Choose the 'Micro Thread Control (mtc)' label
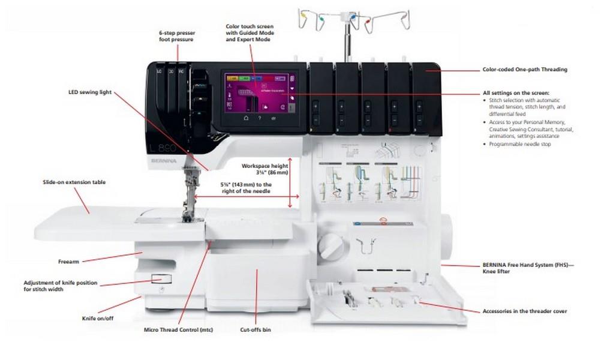[x=178, y=330]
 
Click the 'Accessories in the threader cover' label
[x=525, y=311]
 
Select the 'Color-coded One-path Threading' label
[x=525, y=70]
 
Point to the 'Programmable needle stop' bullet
[x=521, y=145]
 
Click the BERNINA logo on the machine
[x=161, y=161]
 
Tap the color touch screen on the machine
[x=260, y=93]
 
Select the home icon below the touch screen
[x=245, y=119]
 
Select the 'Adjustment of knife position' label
[x=60, y=286]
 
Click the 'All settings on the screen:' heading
[x=516, y=94]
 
